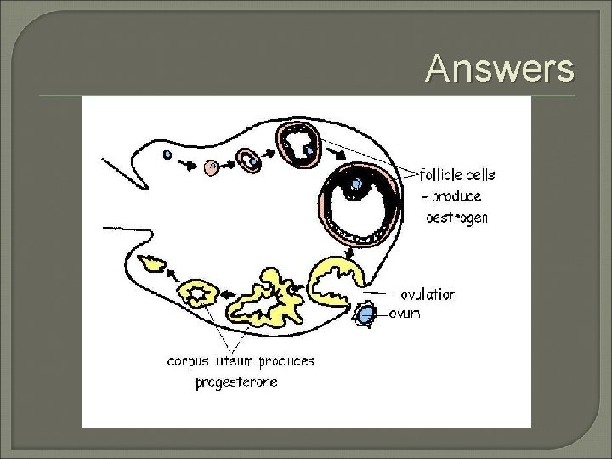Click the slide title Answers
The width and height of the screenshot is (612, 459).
pos(500,68)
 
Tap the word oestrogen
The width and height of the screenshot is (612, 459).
pos(456,217)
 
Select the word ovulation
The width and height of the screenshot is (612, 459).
pos(427,295)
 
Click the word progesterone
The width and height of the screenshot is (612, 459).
pos(236,382)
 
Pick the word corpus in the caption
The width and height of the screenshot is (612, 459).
pos(188,361)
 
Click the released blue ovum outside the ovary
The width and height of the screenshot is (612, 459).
pos(365,315)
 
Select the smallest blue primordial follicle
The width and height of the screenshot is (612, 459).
pos(167,155)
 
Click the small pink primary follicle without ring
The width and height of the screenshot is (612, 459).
pos(212,167)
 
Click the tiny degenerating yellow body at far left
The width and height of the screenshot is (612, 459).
pos(155,264)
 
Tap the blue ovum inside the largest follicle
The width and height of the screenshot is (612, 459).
pos(357,184)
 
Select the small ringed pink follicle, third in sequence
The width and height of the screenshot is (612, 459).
pos(249,161)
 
